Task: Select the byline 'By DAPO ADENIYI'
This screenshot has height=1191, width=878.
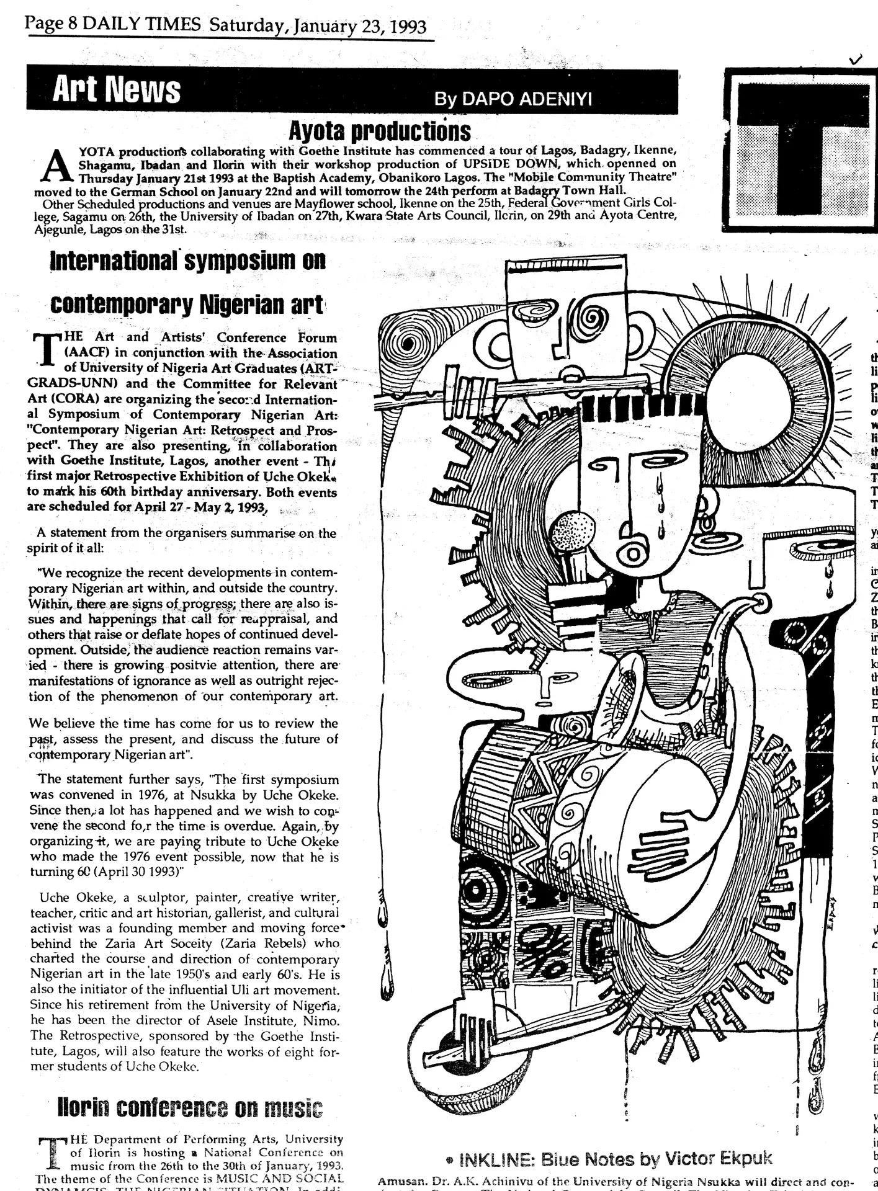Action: tap(513, 99)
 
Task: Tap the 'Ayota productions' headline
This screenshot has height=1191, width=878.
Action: tap(380, 131)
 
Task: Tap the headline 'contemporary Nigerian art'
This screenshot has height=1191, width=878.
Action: tap(186, 305)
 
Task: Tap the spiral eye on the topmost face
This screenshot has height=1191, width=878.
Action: tap(594, 320)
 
